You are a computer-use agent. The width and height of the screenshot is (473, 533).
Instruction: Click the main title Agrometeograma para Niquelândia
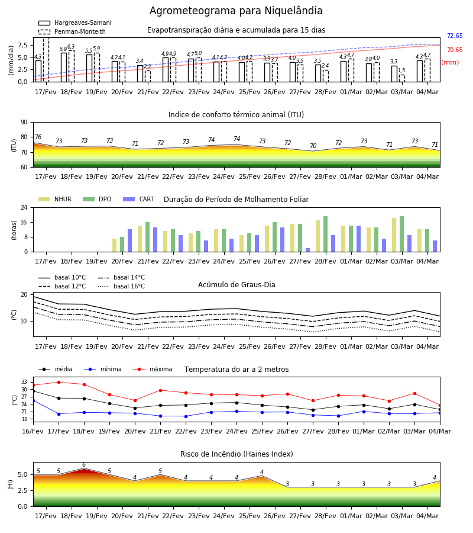(x=236, y=11)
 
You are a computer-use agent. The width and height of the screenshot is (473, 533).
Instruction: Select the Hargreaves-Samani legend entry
(x=74, y=23)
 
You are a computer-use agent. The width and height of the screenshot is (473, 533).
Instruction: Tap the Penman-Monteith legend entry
(x=72, y=31)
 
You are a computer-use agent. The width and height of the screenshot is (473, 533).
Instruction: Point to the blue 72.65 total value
(x=455, y=36)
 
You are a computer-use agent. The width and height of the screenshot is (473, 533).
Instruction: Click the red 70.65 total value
(x=455, y=50)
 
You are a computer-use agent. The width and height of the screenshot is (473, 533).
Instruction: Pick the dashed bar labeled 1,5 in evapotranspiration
(x=401, y=79)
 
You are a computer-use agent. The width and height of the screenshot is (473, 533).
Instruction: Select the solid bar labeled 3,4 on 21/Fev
(x=140, y=73)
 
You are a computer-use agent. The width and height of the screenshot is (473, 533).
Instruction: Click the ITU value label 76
(x=38, y=137)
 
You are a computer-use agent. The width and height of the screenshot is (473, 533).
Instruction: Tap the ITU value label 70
(x=313, y=146)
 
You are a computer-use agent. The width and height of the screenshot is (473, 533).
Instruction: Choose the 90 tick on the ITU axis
(x=24, y=123)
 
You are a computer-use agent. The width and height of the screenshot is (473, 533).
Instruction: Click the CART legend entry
(x=139, y=199)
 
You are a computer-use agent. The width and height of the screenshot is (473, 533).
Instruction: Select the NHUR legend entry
(x=55, y=199)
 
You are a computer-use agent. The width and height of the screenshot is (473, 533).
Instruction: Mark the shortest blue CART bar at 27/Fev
(x=308, y=250)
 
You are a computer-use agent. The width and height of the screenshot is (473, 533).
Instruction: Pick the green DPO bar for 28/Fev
(x=325, y=234)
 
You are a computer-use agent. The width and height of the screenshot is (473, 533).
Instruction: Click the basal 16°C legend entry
(x=121, y=286)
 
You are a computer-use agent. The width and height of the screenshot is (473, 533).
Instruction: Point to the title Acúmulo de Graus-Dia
(x=237, y=284)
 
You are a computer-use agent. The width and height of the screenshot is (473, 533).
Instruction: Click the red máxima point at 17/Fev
(x=59, y=382)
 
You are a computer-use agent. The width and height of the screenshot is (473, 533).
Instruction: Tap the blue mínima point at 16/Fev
(x=33, y=401)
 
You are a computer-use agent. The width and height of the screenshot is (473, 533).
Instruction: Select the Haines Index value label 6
(x=84, y=465)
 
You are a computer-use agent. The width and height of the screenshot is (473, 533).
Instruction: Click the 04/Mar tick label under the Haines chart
(x=427, y=516)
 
